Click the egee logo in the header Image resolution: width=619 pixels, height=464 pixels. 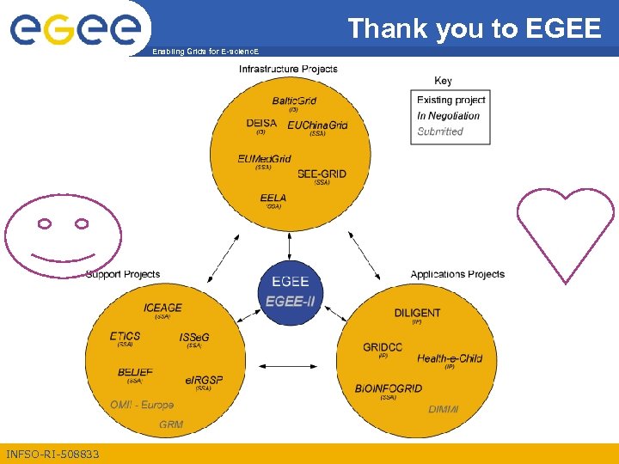(x=75, y=27)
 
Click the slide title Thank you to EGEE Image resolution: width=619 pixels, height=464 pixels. (x=475, y=28)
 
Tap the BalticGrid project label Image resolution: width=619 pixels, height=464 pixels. (x=294, y=101)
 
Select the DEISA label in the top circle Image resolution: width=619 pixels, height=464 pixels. (x=261, y=123)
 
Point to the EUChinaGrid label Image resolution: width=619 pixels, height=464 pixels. (x=317, y=125)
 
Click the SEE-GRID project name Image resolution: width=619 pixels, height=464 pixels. (x=322, y=174)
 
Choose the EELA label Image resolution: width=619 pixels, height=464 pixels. (x=273, y=198)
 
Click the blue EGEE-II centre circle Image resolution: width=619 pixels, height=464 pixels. (x=290, y=291)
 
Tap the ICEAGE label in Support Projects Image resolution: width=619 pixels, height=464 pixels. (x=162, y=308)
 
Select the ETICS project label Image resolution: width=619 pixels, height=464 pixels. (x=126, y=336)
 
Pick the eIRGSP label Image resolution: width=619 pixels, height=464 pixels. (x=204, y=380)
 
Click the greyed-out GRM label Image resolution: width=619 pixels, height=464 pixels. (x=171, y=424)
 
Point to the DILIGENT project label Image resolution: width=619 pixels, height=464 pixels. (x=417, y=313)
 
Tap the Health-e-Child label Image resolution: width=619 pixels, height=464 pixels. (x=450, y=358)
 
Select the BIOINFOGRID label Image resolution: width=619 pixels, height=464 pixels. (x=389, y=388)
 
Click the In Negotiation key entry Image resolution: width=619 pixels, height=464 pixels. (x=448, y=116)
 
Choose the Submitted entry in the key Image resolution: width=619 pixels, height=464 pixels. (x=440, y=131)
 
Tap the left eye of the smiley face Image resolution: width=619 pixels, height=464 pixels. (x=44, y=224)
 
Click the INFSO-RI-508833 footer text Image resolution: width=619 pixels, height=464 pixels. (x=52, y=454)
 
